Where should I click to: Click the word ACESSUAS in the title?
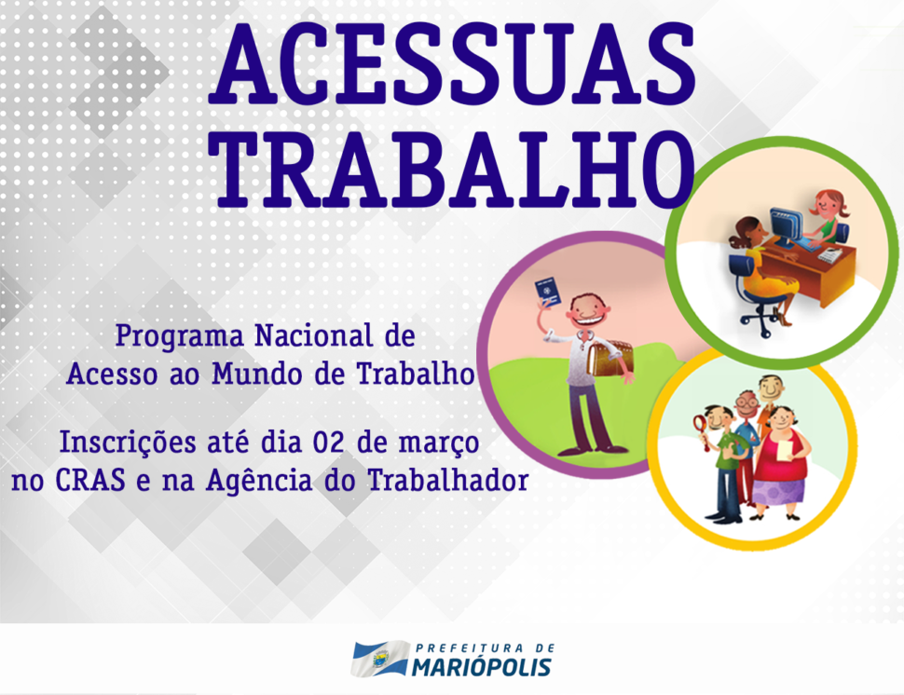pos(452,63)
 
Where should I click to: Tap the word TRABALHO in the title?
pos(452,170)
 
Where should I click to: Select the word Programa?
pos(179,336)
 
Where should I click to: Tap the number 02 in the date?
pos(329,443)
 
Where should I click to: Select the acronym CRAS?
pos(90,480)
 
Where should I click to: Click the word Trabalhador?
pos(448,480)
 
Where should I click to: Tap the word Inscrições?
pos(128,443)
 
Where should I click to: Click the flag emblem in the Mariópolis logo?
pos(380,658)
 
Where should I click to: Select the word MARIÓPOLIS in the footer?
pos(482,667)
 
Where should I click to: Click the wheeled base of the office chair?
pos(761,323)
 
